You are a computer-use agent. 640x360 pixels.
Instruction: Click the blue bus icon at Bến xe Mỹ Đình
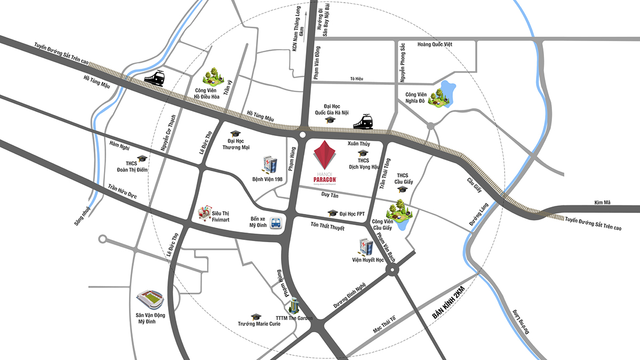click(x=275, y=223)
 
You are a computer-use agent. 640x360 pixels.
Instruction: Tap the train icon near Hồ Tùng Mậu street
click(x=154, y=78)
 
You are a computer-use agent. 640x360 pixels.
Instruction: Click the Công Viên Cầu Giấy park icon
click(x=402, y=210)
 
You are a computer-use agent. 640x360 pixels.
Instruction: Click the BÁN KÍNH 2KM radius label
click(x=449, y=303)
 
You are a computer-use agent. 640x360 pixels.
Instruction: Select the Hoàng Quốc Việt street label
click(x=435, y=44)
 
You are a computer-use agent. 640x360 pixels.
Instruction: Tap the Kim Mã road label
click(x=604, y=203)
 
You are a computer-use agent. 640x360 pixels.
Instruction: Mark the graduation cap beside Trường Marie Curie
click(x=256, y=317)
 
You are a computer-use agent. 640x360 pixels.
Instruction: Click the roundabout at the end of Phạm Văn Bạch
click(x=393, y=271)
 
